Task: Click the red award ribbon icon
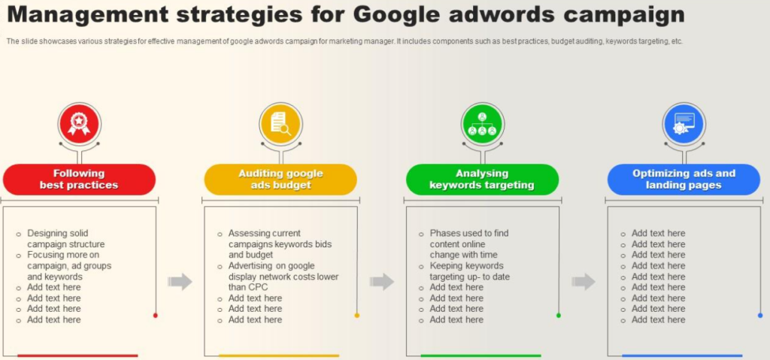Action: click(x=79, y=124)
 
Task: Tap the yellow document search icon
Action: click(x=280, y=124)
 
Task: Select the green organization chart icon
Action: click(x=482, y=124)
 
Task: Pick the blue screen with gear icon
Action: click(x=684, y=124)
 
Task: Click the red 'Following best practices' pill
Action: click(x=79, y=180)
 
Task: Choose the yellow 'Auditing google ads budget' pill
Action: click(x=280, y=180)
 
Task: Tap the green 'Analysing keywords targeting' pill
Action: click(x=482, y=180)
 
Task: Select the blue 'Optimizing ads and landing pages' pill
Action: click(x=684, y=180)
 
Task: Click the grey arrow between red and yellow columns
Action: click(x=180, y=281)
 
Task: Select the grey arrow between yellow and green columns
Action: click(x=381, y=281)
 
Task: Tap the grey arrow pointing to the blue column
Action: click(x=583, y=281)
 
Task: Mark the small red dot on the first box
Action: click(x=155, y=316)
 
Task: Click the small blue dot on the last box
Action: click(x=760, y=316)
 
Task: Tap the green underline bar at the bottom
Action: click(x=480, y=355)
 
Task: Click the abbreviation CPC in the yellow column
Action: click(x=248, y=287)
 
